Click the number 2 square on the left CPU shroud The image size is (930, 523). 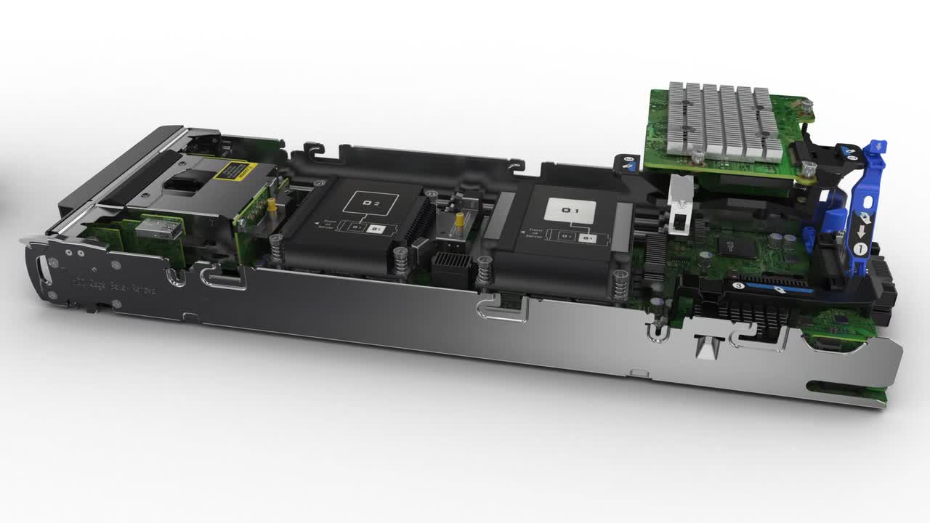click(371, 203)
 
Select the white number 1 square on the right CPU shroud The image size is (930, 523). click(570, 211)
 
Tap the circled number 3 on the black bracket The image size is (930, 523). click(738, 286)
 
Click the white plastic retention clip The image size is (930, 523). click(681, 211)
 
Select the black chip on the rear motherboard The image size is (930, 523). click(727, 243)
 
